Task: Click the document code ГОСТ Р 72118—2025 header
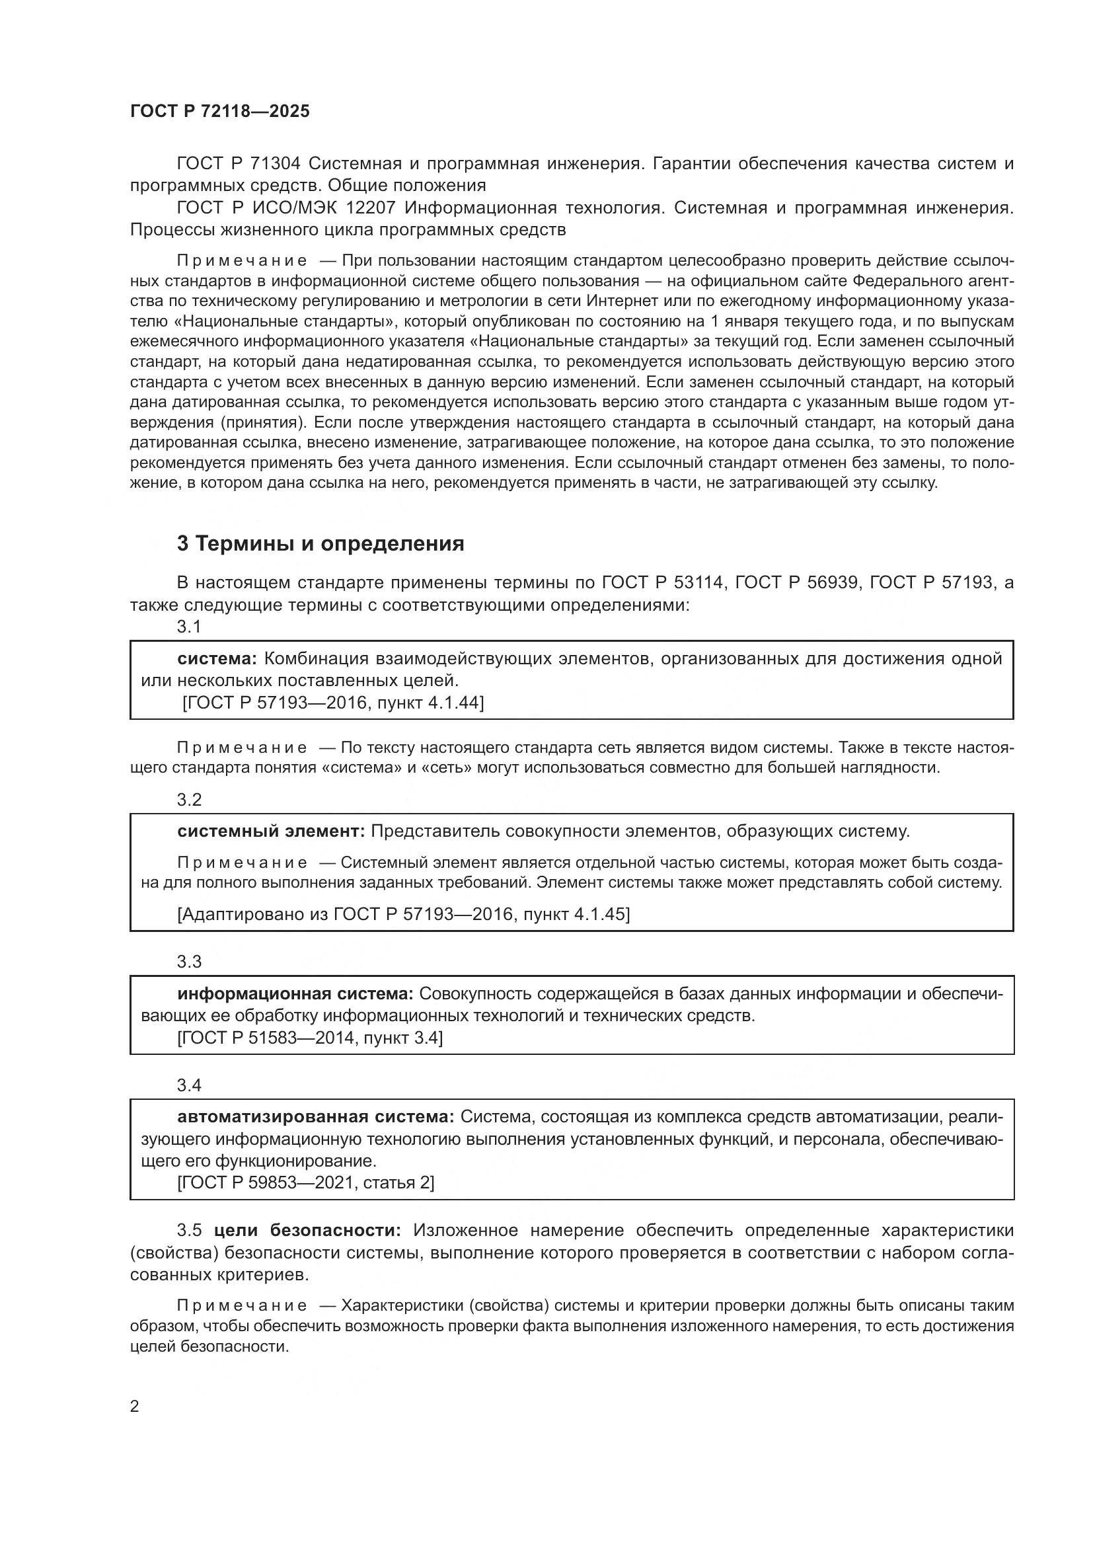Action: click(x=219, y=112)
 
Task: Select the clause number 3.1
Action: click(x=189, y=627)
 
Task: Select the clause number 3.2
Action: click(x=189, y=800)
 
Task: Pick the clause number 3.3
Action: click(x=189, y=962)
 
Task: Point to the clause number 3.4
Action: click(x=189, y=1085)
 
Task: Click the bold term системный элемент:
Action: click(x=270, y=831)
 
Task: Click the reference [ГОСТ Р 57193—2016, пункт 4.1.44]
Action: click(x=333, y=703)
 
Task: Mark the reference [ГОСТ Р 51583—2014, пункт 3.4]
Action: click(x=309, y=1038)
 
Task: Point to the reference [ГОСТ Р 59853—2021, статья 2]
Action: click(x=305, y=1183)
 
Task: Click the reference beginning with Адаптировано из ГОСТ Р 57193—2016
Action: click(x=404, y=914)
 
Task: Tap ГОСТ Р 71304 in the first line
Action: click(x=239, y=164)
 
